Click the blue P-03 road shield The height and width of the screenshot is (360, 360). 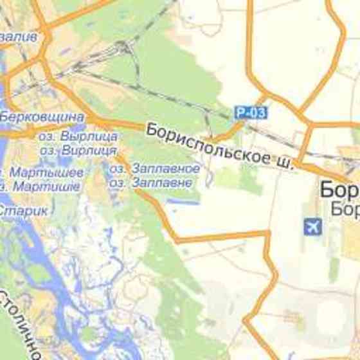click(250, 113)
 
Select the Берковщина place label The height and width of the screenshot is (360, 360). click(42, 117)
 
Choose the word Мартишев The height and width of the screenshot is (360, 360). click(46, 186)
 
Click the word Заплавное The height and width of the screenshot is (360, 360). click(165, 168)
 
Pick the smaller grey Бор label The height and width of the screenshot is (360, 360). click(345, 209)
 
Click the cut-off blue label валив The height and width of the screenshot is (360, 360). click(19, 37)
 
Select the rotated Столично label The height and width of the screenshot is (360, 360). click(19, 325)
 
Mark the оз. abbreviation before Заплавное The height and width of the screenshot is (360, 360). click(117, 168)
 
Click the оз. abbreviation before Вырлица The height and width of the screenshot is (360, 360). click(48, 136)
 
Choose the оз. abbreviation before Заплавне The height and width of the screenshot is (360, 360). click(117, 183)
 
